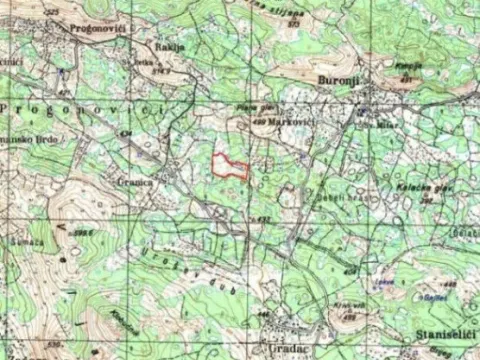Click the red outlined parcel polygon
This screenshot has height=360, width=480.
(230, 167)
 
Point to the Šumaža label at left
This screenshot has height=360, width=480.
(27, 242)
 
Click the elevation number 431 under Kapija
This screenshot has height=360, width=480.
(407, 79)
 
